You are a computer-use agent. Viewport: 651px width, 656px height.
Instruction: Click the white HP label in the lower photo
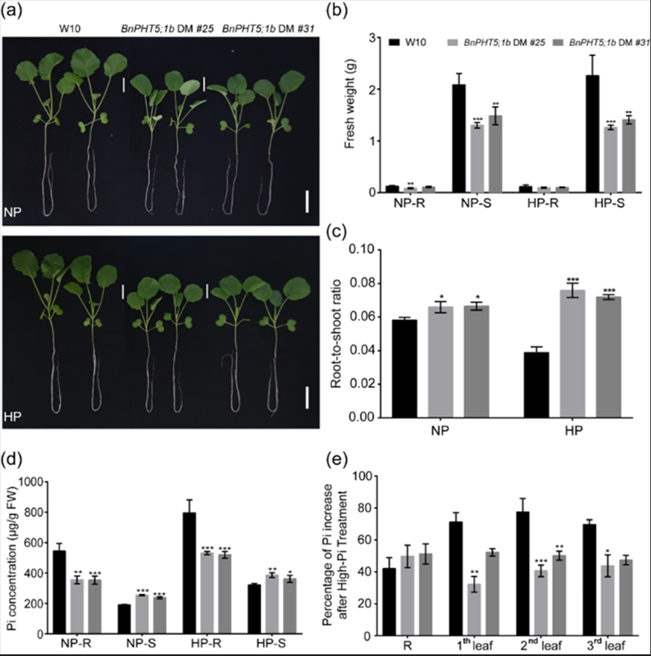point(22,417)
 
